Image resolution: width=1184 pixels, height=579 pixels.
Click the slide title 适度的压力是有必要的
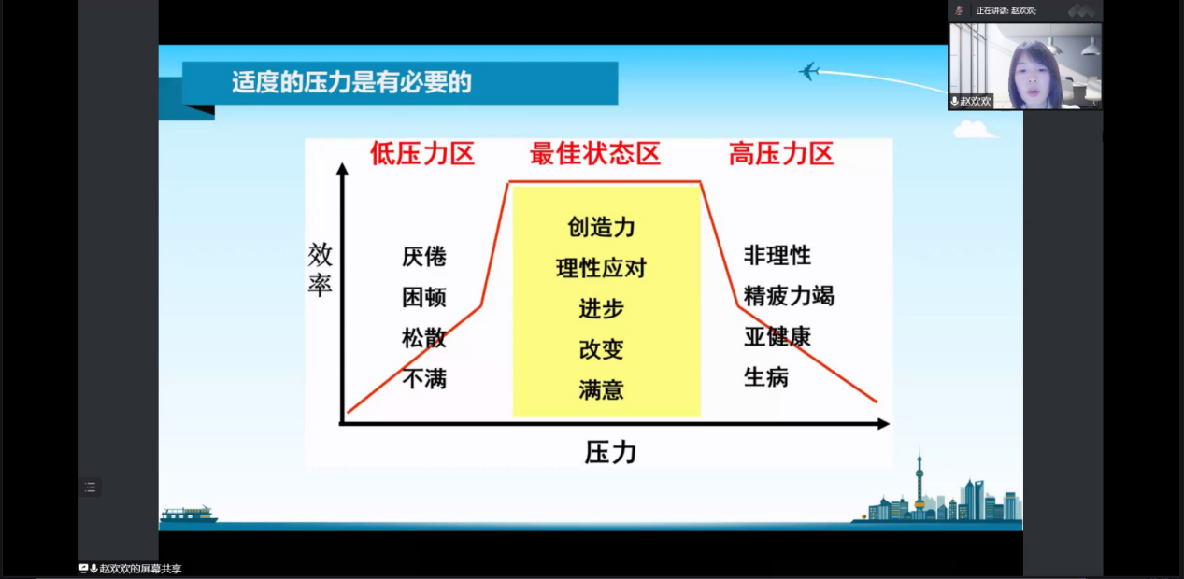click(x=351, y=82)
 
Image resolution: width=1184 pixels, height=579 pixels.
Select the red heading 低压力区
click(x=421, y=154)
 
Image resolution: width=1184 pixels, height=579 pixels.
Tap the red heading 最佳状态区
click(x=595, y=154)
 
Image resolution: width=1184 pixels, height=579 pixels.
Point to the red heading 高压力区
click(x=781, y=154)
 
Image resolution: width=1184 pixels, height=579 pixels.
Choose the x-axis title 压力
click(x=610, y=453)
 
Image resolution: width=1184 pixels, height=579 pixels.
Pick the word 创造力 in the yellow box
click(x=601, y=227)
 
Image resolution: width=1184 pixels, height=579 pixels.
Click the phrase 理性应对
click(x=601, y=268)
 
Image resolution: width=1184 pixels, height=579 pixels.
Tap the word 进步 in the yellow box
click(x=601, y=308)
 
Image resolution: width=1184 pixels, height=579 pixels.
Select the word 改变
click(x=601, y=349)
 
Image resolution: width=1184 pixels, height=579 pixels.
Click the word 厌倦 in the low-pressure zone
click(x=424, y=257)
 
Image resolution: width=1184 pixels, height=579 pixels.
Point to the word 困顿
click(x=424, y=297)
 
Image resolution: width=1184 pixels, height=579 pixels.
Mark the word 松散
click(x=424, y=338)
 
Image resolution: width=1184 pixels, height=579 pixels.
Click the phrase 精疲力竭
click(x=789, y=296)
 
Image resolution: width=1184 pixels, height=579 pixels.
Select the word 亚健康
click(x=777, y=336)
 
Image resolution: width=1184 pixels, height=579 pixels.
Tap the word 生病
click(x=766, y=377)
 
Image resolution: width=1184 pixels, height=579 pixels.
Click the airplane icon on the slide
click(x=808, y=71)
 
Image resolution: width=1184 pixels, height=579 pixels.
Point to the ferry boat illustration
click(x=189, y=514)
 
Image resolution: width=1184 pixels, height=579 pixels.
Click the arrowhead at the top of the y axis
click(x=342, y=168)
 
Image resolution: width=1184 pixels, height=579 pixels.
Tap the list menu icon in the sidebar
click(x=91, y=487)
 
